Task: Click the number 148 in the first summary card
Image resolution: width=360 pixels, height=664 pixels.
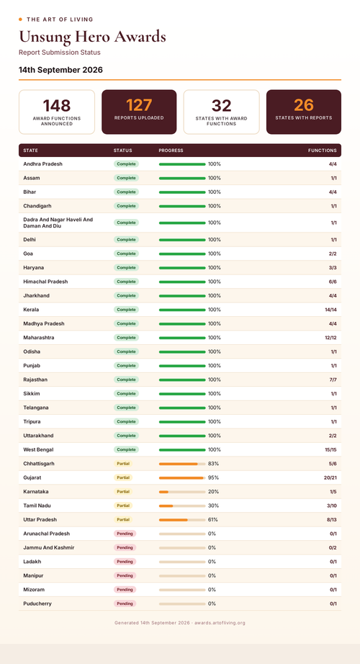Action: coord(57,105)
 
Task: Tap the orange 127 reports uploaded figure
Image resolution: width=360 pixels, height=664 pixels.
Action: coord(139,105)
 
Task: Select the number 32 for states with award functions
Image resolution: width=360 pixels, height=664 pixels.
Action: coord(222,105)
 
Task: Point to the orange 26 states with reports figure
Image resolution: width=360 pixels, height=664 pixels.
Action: coord(304,105)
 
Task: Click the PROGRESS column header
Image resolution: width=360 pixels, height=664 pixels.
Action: coord(171,151)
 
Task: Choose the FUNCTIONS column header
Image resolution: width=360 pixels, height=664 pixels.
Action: coord(323,151)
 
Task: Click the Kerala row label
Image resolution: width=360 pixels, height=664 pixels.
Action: coord(32,310)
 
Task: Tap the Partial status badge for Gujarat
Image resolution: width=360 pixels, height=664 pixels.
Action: coord(123,477)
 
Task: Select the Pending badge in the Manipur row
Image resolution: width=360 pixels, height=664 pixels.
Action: coord(125,575)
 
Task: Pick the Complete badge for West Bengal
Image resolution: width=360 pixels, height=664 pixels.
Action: coord(126,449)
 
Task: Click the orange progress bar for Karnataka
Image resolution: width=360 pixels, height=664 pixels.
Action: coord(163,492)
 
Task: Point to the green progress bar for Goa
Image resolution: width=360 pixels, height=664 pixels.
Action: coord(182,254)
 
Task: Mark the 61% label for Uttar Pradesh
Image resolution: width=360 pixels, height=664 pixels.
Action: coord(213,519)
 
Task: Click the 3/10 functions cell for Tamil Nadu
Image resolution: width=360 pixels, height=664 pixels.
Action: coord(332,506)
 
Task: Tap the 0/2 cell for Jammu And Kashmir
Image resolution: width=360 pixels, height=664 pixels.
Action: coord(333,547)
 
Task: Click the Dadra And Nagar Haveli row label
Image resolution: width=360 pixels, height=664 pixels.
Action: coord(58,223)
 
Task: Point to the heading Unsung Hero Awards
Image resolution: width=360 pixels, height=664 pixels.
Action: coord(92,37)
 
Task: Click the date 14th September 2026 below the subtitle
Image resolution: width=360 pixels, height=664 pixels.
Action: coord(60,70)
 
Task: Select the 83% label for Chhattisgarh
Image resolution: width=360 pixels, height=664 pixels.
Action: coord(213,464)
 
